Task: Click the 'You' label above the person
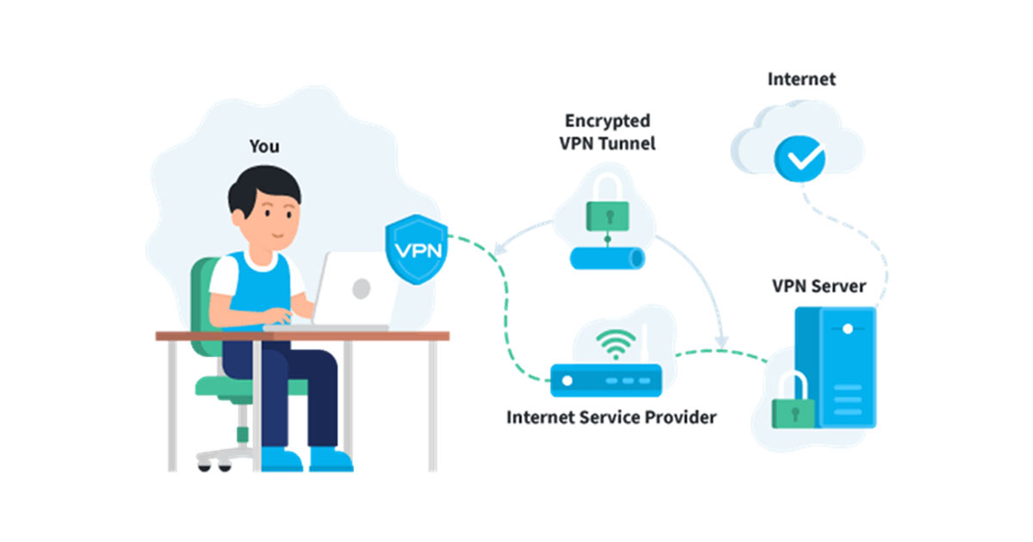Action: [x=264, y=146]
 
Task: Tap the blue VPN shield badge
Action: [x=417, y=249]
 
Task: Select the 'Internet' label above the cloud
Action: [x=801, y=79]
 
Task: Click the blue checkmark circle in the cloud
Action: [x=800, y=158]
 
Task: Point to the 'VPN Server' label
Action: [x=819, y=286]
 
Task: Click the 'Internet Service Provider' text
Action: [x=611, y=417]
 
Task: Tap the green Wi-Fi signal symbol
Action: [x=615, y=344]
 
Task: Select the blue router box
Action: [x=606, y=380]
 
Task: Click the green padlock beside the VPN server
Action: [x=793, y=400]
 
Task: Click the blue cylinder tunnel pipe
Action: [x=608, y=258]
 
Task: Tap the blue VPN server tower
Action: [x=836, y=367]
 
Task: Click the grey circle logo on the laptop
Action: [x=362, y=288]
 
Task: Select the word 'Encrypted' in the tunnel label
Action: [x=608, y=121]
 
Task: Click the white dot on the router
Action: [x=567, y=380]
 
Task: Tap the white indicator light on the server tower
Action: [x=848, y=329]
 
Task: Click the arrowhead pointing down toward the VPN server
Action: [x=721, y=342]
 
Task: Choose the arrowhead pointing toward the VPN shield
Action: [x=499, y=249]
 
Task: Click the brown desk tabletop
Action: [x=302, y=336]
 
